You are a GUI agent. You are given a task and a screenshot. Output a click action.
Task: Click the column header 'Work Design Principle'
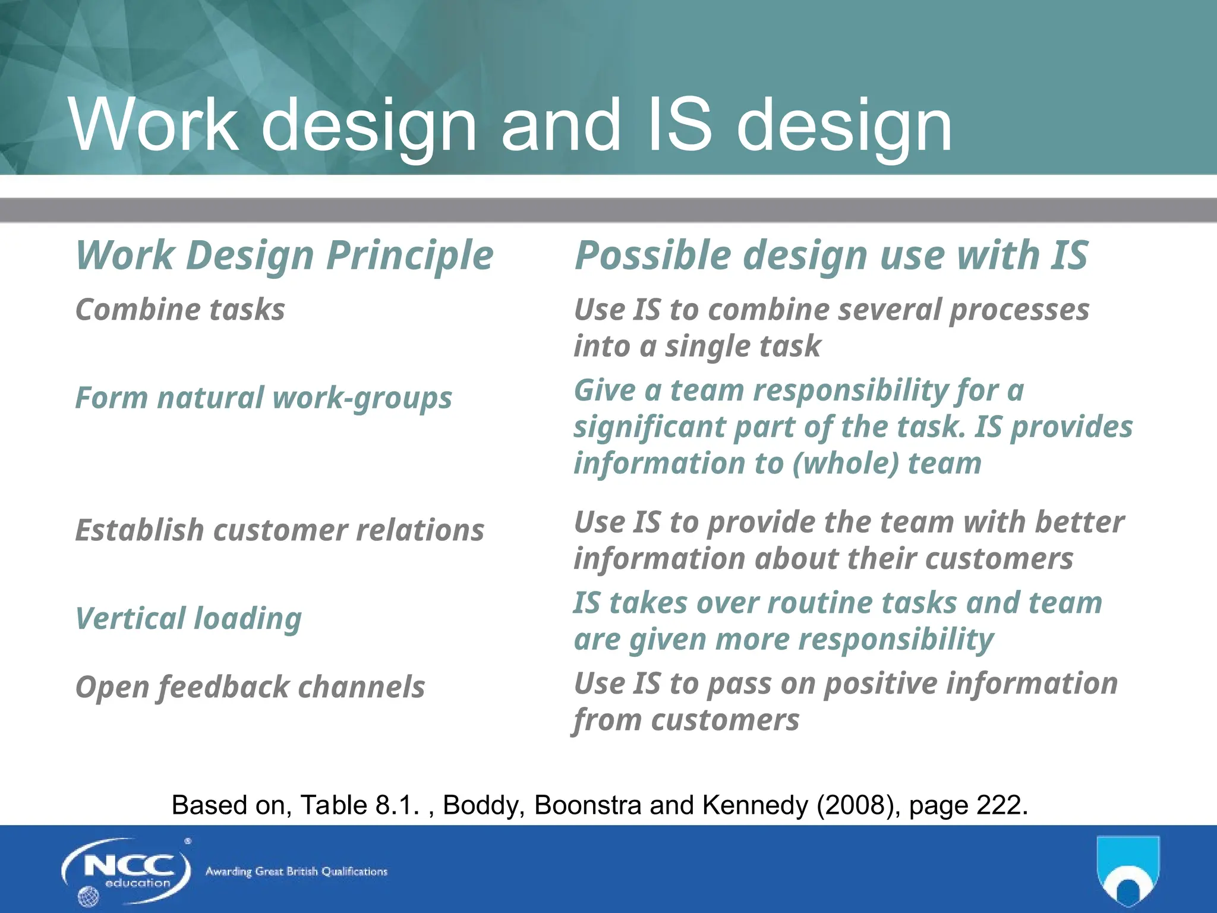pyautogui.click(x=284, y=256)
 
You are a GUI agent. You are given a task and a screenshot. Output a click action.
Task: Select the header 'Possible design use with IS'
pyautogui.click(x=831, y=256)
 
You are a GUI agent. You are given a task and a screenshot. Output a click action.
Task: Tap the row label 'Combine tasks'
pyautogui.click(x=180, y=310)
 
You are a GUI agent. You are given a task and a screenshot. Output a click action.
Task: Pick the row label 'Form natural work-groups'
pyautogui.click(x=263, y=398)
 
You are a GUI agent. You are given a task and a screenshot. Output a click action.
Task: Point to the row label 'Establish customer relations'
pyautogui.click(x=279, y=530)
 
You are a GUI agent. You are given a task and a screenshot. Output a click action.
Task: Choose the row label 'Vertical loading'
pyautogui.click(x=188, y=618)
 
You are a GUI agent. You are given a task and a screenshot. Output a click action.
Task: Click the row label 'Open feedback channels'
pyautogui.click(x=250, y=687)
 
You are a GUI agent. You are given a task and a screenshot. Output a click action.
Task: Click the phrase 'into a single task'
pyautogui.click(x=697, y=346)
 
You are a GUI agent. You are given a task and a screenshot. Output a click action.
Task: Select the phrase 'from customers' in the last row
pyautogui.click(x=686, y=720)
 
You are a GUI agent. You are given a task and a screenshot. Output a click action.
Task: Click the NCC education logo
pyautogui.click(x=126, y=871)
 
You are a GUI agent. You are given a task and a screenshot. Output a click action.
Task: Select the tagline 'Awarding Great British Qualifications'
pyautogui.click(x=296, y=872)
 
